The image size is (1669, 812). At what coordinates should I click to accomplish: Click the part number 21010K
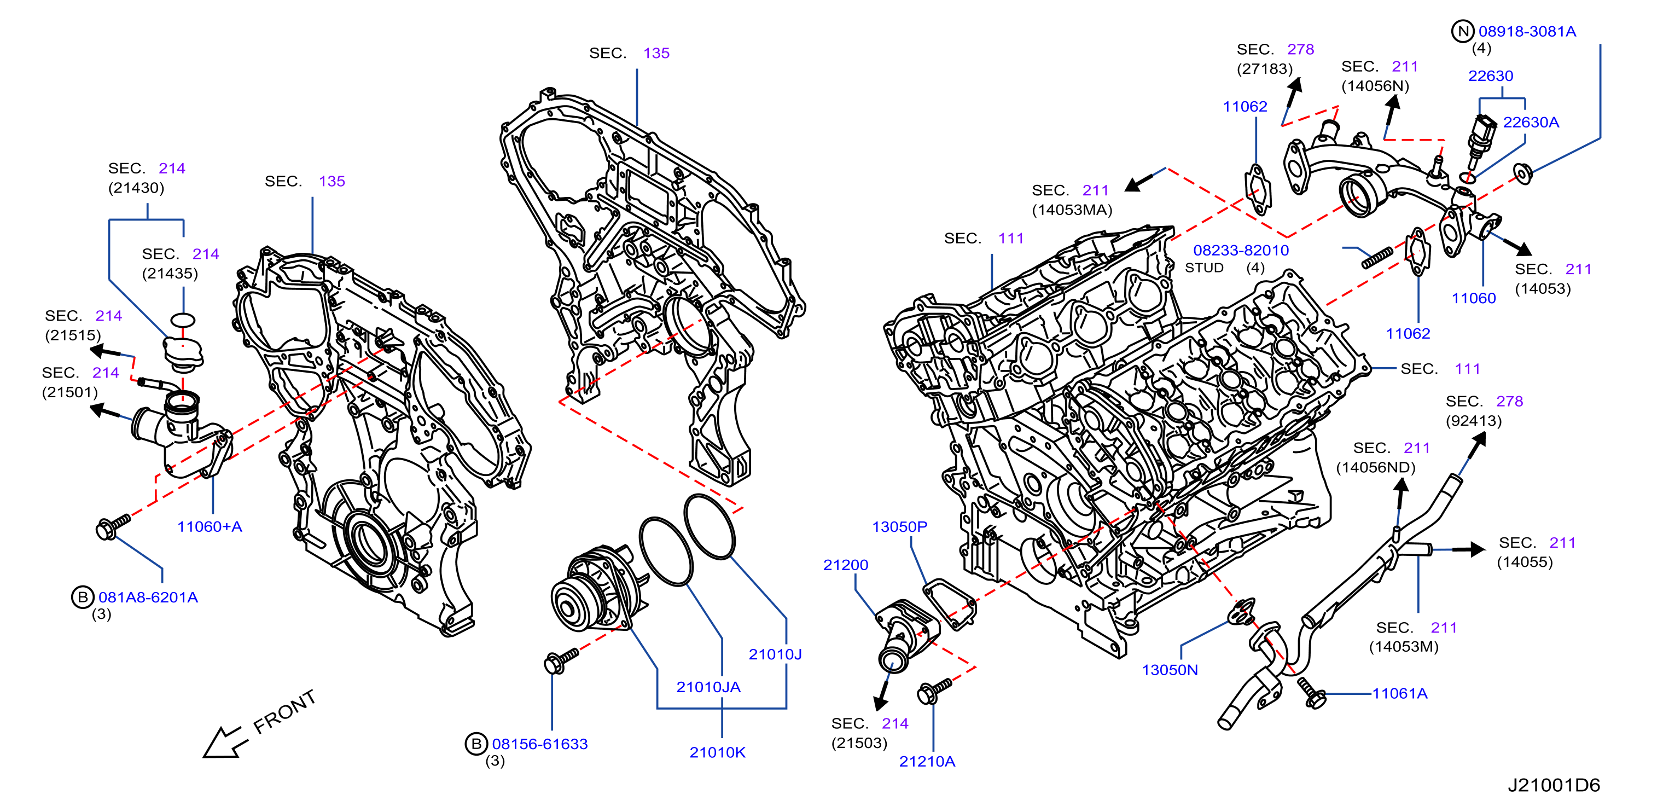pos(717,752)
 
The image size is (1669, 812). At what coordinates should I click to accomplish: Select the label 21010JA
pos(708,687)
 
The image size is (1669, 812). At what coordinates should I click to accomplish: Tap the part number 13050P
pos(899,527)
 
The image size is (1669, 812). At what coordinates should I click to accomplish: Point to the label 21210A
pos(927,762)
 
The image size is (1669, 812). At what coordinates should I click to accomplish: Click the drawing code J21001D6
pos(1554,785)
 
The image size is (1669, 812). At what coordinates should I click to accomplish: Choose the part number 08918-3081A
pos(1527,31)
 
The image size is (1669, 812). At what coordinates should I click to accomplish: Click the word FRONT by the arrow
pos(284,711)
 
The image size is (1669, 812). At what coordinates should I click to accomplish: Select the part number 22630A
pos(1531,122)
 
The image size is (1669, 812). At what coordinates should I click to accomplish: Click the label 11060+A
pos(210,527)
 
